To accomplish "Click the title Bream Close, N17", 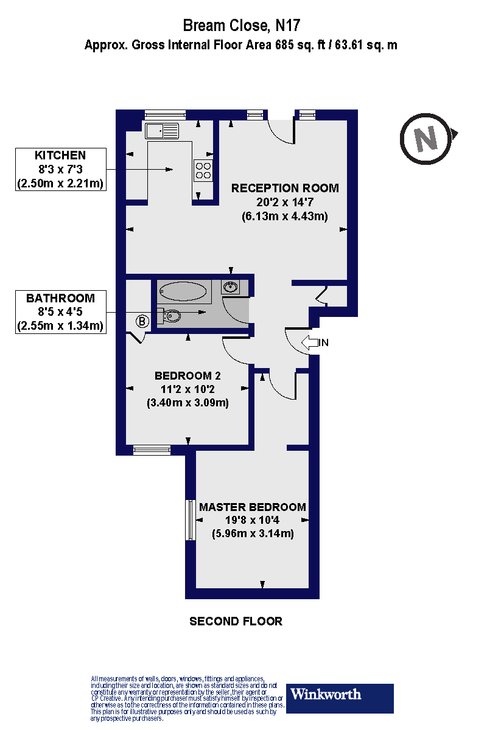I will pos(242,26).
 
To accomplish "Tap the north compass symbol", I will pos(427,139).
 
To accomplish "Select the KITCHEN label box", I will pos(61,169).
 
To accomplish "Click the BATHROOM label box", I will pos(61,312).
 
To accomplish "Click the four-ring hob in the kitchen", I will pos(203,170).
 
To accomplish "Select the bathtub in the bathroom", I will pos(184,291).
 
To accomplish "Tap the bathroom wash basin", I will pos(231,287).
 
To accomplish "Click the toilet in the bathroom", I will pos(170,316).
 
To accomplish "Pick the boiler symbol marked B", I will pos(142,321).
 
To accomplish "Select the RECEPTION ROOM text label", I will pos(284,188).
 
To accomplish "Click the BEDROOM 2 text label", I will pos(187,375).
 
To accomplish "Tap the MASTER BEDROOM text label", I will pos(253,507).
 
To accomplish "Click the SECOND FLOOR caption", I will pos(236,621).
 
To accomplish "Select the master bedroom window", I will pos(190,520).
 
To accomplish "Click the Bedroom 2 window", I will pos(152,450).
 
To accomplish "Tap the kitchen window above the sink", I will pos(165,113).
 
